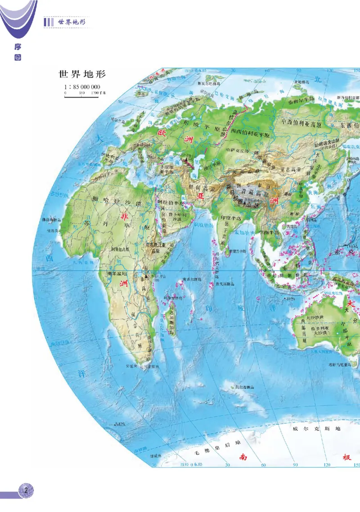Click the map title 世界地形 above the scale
[x=81, y=74]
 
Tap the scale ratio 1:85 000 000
[x=82, y=87]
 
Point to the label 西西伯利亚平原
[x=250, y=134]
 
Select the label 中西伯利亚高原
[x=306, y=122]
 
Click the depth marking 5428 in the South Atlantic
[x=120, y=424]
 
